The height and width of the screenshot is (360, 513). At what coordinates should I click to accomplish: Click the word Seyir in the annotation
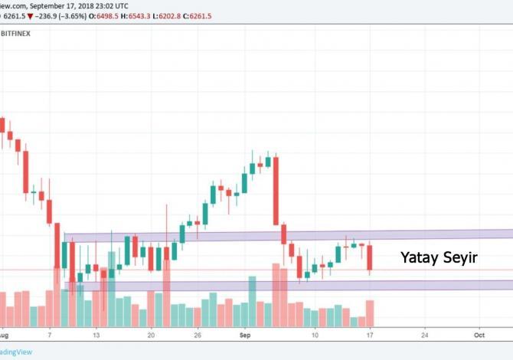tap(460, 258)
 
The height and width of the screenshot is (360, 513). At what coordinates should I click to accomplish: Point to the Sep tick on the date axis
tap(246, 335)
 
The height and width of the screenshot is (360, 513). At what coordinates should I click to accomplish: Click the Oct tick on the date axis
tap(479, 335)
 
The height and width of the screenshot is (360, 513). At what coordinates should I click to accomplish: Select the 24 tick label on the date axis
tap(424, 335)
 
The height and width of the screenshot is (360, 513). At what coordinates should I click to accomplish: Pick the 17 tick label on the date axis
tap(369, 335)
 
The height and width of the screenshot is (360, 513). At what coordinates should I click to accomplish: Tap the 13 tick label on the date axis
tap(96, 335)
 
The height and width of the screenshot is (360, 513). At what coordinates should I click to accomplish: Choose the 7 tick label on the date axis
tap(49, 335)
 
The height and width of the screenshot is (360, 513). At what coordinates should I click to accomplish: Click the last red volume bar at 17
tap(370, 313)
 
